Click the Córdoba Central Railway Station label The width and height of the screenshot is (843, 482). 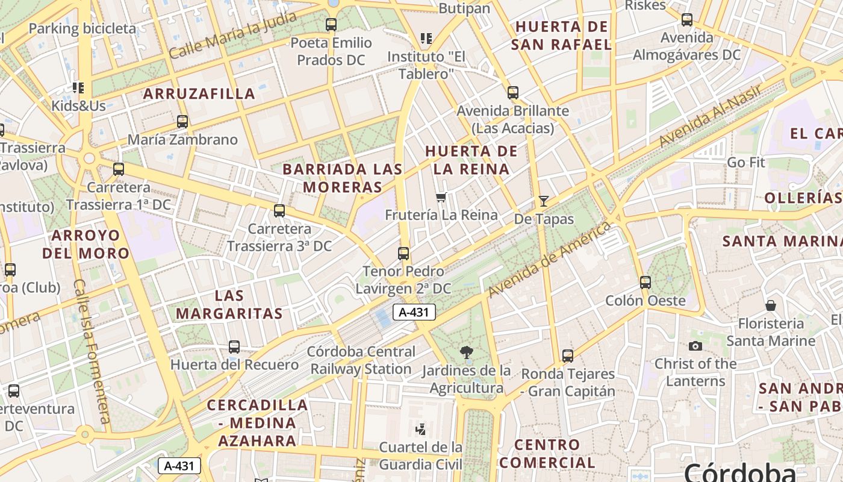[x=361, y=360]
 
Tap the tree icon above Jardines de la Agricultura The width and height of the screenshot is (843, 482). [x=466, y=352]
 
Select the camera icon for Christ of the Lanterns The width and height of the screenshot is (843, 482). [x=695, y=346]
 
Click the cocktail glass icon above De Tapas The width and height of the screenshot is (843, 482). [x=544, y=201]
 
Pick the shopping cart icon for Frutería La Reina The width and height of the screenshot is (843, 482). [x=441, y=197]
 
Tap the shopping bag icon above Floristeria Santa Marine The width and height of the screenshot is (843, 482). [x=770, y=305]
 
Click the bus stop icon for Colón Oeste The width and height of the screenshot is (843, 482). [x=645, y=282]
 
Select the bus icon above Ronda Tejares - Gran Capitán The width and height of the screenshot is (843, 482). [x=568, y=355]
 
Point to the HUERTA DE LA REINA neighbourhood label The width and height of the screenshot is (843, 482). [x=471, y=160]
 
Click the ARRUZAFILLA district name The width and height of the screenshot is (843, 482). [x=199, y=94]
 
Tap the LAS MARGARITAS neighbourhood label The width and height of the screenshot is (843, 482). [x=229, y=304]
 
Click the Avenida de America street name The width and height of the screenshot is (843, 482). [x=549, y=260]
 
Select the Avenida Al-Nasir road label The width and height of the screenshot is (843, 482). [x=710, y=116]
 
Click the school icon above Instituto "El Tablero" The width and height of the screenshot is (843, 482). [x=427, y=39]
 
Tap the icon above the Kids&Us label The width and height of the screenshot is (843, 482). [x=78, y=88]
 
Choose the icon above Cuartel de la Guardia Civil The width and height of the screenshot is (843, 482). [x=421, y=429]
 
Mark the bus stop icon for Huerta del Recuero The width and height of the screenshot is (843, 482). [x=234, y=347]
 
